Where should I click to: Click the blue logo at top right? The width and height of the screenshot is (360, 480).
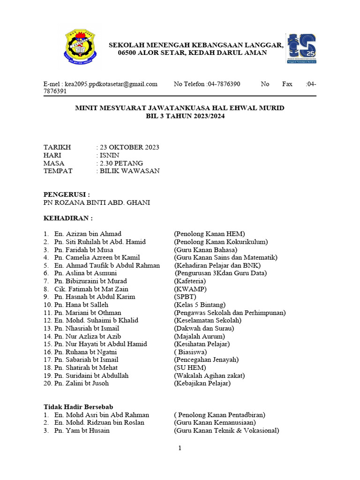click(301, 48)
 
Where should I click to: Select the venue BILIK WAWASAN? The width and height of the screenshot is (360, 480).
click(129, 171)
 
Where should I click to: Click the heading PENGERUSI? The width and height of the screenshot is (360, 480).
click(67, 195)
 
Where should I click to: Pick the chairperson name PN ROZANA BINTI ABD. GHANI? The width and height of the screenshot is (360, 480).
click(97, 202)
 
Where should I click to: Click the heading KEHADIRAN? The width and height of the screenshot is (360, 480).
click(68, 218)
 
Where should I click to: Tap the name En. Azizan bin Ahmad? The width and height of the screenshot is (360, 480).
click(88, 234)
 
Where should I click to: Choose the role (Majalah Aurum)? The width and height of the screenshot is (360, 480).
click(199, 336)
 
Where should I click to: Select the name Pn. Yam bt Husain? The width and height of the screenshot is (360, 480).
click(82, 430)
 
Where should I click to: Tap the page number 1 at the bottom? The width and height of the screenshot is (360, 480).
click(180, 449)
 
